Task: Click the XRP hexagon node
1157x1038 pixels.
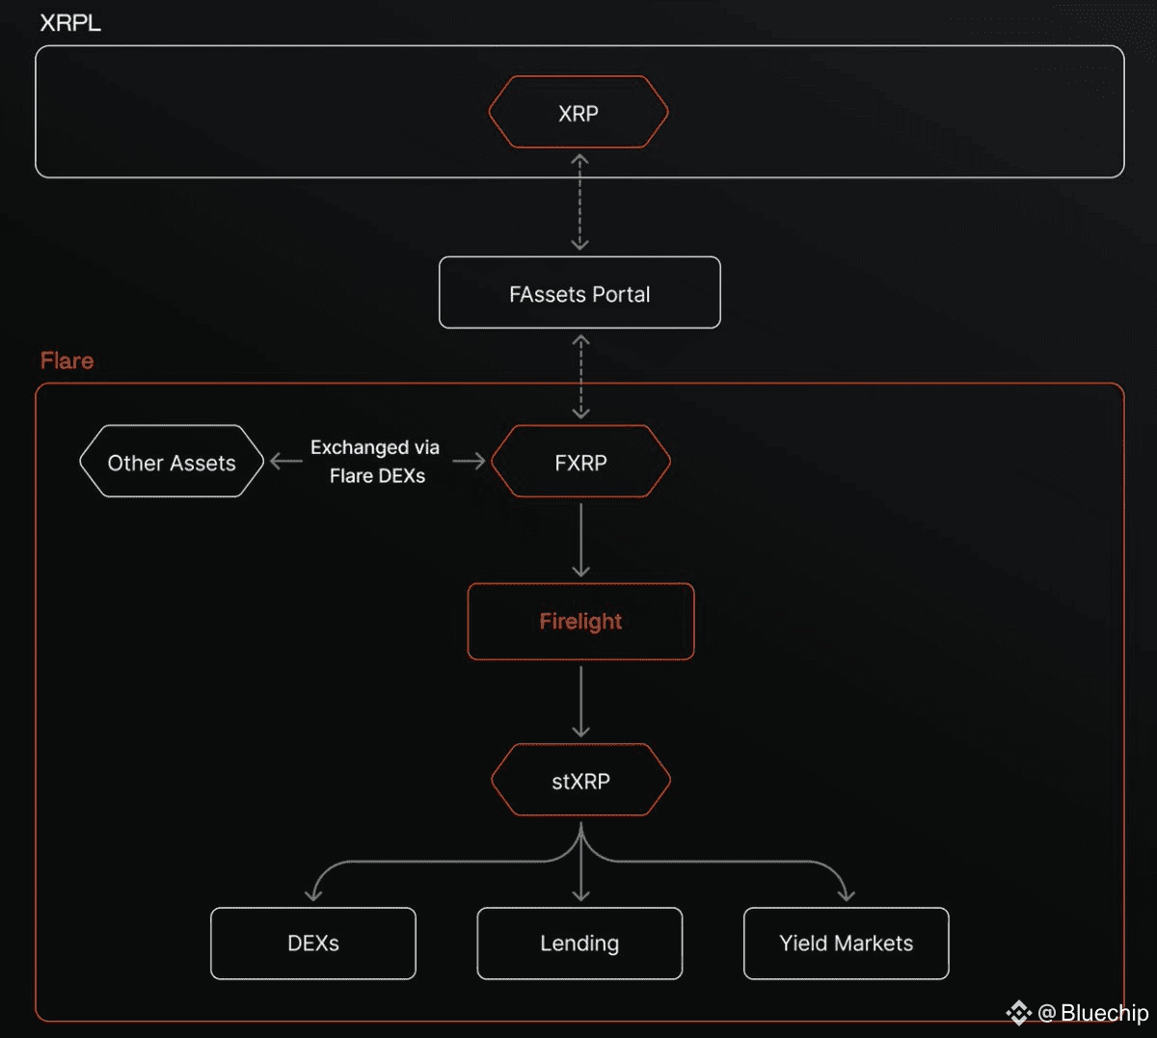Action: pyautogui.click(x=578, y=113)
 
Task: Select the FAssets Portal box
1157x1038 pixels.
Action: pyautogui.click(x=579, y=293)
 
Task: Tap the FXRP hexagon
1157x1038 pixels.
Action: pyautogui.click(x=580, y=463)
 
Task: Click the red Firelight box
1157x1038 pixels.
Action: pyautogui.click(x=580, y=622)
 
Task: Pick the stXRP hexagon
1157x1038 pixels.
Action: pyautogui.click(x=580, y=781)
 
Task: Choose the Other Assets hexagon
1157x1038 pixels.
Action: pyautogui.click(x=172, y=463)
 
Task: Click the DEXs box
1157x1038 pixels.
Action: pyautogui.click(x=313, y=944)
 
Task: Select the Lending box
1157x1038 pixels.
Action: pyautogui.click(x=579, y=944)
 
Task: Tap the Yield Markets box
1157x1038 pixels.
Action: pyautogui.click(x=847, y=944)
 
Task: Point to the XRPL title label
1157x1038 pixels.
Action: pyautogui.click(x=70, y=23)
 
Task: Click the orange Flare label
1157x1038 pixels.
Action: pyautogui.click(x=67, y=360)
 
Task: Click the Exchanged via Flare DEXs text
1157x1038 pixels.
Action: pyautogui.click(x=376, y=462)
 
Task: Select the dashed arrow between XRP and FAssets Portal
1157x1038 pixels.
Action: pyautogui.click(x=579, y=202)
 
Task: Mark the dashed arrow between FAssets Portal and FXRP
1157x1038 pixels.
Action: pyautogui.click(x=580, y=377)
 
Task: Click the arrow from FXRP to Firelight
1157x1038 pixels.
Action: pyautogui.click(x=580, y=540)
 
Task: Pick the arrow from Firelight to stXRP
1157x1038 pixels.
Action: pyautogui.click(x=580, y=701)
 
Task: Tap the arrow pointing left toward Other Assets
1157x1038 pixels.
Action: pyautogui.click(x=285, y=462)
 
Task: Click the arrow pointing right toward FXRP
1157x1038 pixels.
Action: pyautogui.click(x=470, y=462)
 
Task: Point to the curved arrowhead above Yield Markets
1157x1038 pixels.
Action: pyautogui.click(x=846, y=894)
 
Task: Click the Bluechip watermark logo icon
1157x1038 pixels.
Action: pyautogui.click(x=1018, y=1013)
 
